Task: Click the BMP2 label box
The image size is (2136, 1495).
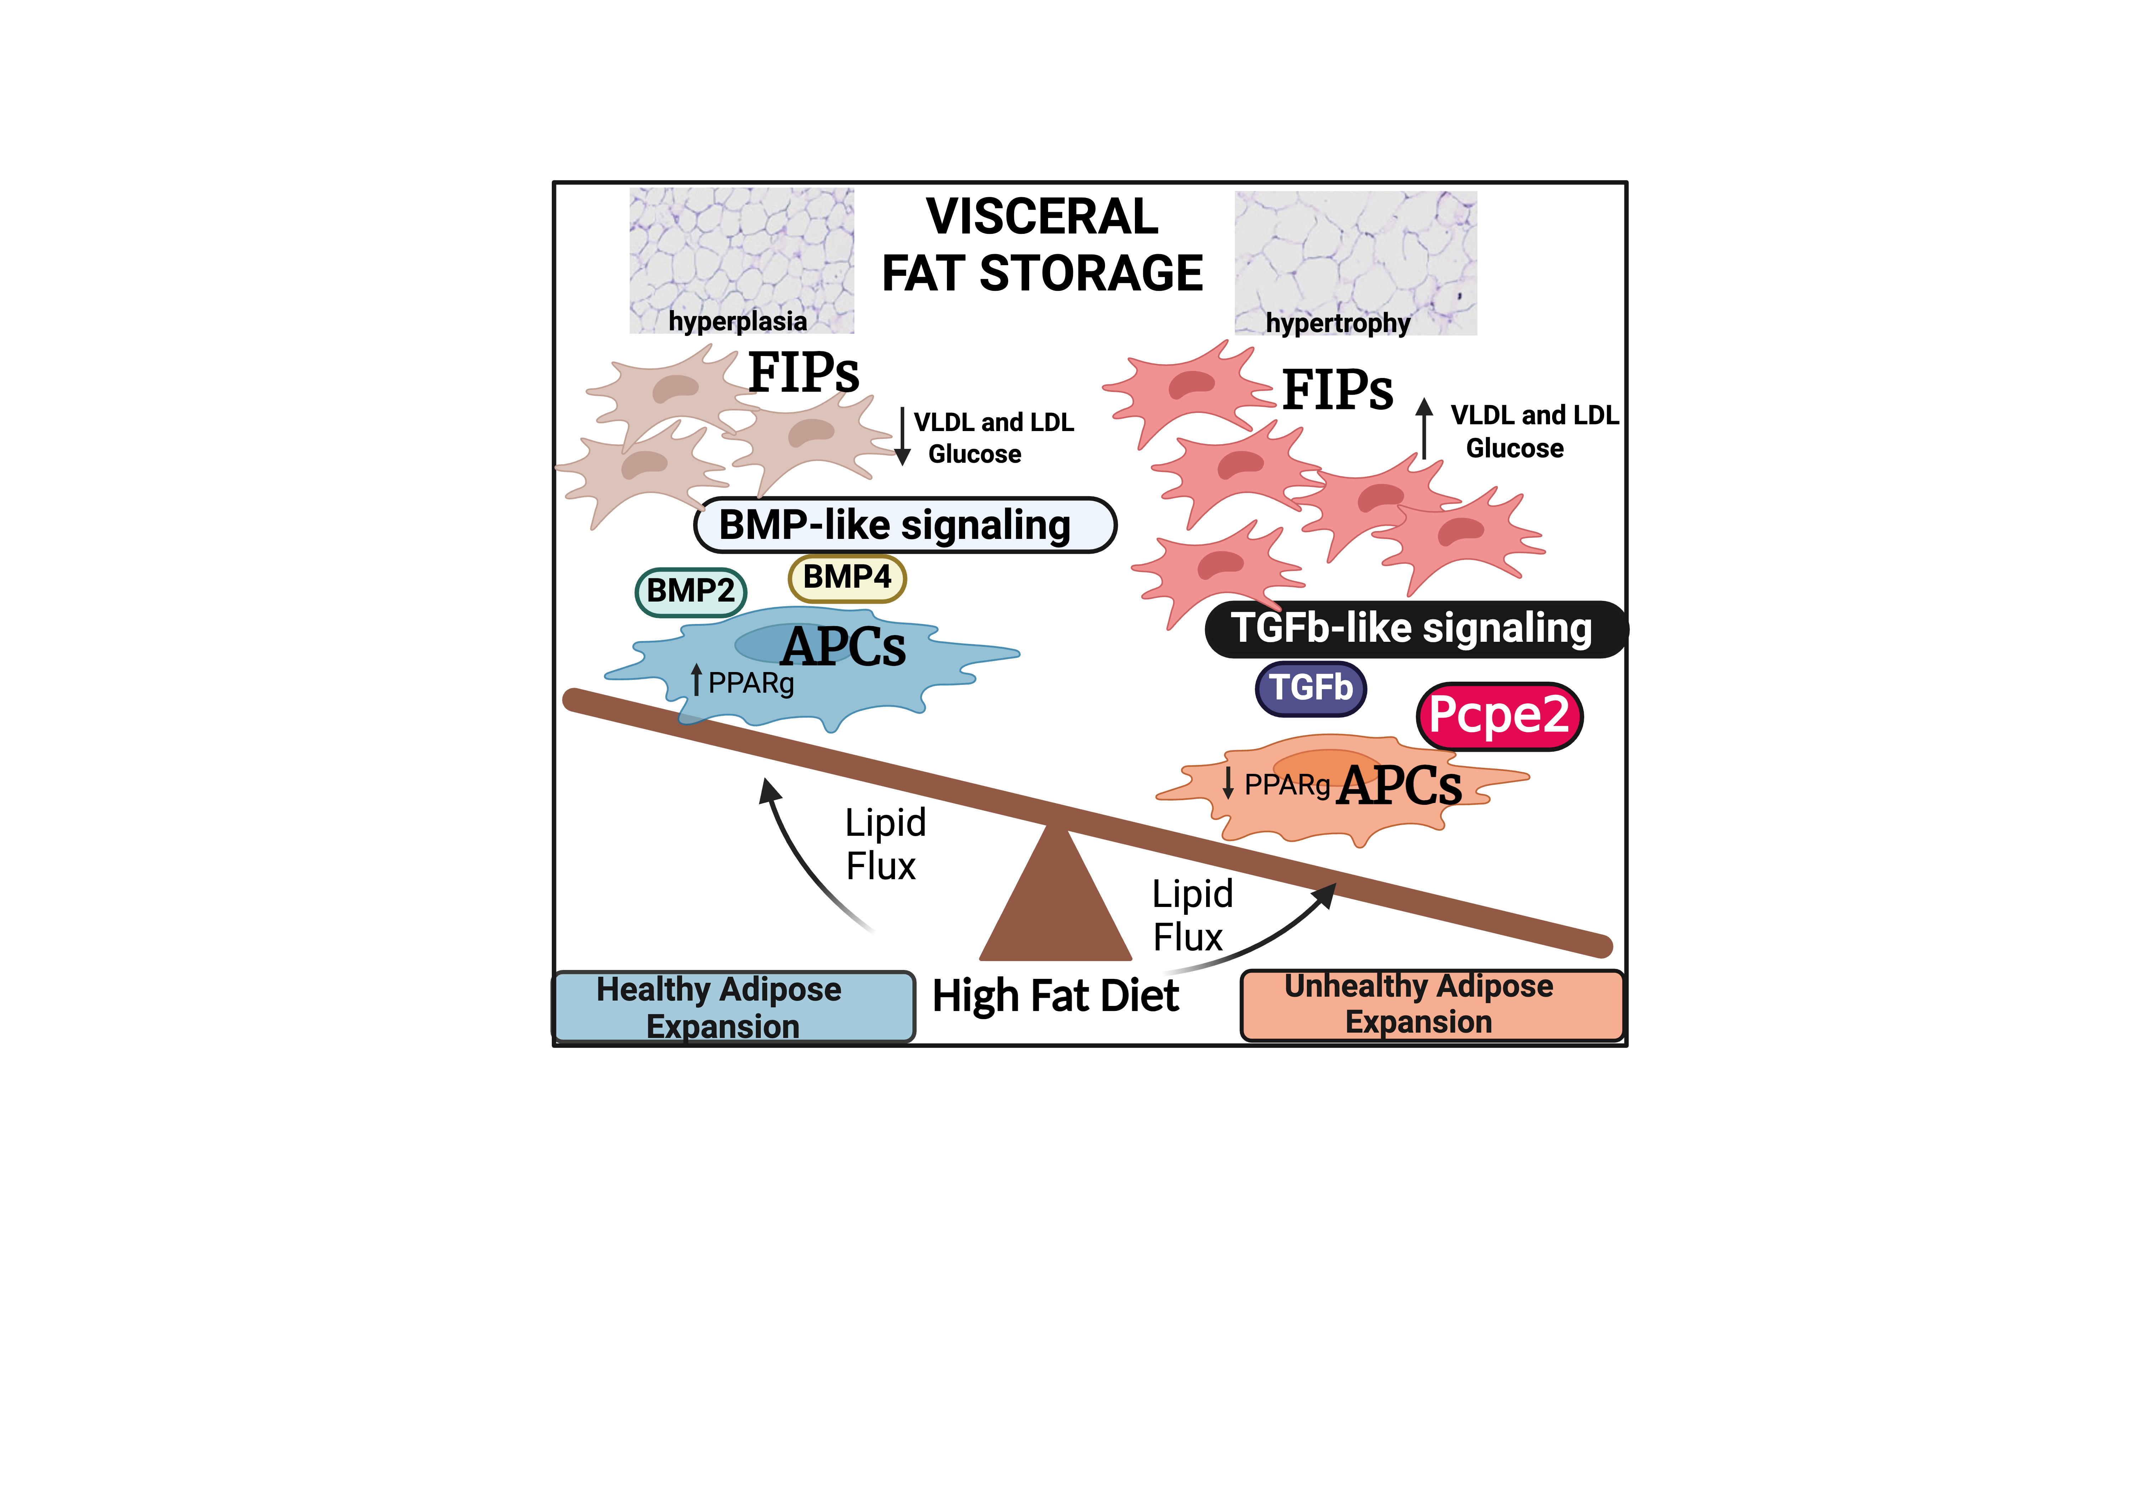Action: [690, 592]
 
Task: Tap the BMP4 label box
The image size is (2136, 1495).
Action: [847, 578]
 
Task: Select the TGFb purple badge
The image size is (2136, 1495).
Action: [1311, 688]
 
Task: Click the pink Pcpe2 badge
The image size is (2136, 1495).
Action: [1499, 715]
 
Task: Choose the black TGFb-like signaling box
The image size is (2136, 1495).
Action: [1414, 629]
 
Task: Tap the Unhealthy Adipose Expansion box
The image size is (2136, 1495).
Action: [1432, 1005]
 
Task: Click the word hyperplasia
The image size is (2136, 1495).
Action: [738, 322]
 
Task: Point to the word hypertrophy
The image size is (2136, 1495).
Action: [1338, 324]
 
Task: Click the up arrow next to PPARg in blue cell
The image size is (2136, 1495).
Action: [696, 680]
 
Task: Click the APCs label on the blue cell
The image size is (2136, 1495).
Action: [843, 647]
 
